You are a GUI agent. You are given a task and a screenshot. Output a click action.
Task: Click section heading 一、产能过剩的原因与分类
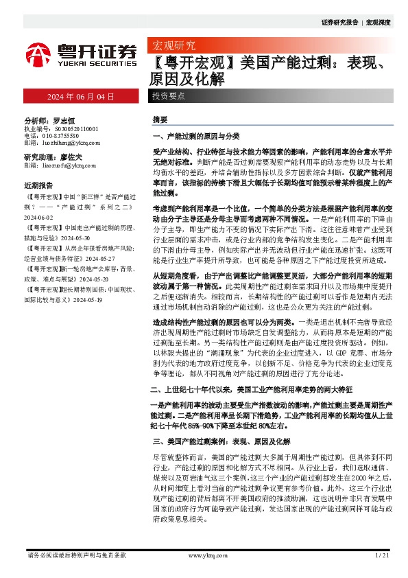click(x=190, y=137)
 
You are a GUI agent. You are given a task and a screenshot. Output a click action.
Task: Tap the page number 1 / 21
click(x=382, y=555)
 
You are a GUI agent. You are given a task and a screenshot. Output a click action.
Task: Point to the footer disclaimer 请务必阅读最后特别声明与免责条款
click(x=76, y=555)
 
